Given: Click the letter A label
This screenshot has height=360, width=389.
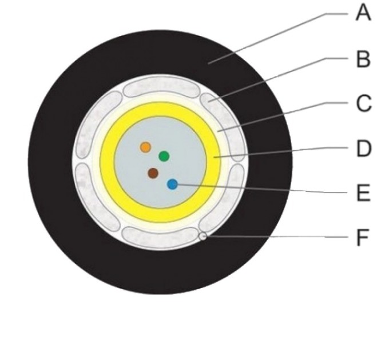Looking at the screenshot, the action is point(363,13).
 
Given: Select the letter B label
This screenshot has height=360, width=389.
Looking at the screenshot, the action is point(363,59).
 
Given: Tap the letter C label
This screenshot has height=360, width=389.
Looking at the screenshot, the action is point(364,104).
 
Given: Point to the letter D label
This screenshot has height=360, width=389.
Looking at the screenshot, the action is point(364,149).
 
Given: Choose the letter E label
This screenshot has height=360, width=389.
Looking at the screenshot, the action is point(363,193).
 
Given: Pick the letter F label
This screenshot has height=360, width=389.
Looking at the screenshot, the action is point(363,238).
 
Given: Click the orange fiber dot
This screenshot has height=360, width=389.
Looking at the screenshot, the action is point(145,147).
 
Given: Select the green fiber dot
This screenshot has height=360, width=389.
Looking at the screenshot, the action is point(164,156).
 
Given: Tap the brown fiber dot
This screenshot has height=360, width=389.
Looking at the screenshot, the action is point(153,173).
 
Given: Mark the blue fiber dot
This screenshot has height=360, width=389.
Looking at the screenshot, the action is point(172,185).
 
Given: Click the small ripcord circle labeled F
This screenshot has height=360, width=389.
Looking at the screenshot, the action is point(203,237).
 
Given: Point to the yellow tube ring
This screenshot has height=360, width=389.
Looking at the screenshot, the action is point(160,109).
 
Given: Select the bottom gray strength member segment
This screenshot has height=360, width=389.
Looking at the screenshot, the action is point(160,237).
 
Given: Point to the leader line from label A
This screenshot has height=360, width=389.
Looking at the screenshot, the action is point(278,39).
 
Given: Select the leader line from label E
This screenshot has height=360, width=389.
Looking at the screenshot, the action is point(263,189).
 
